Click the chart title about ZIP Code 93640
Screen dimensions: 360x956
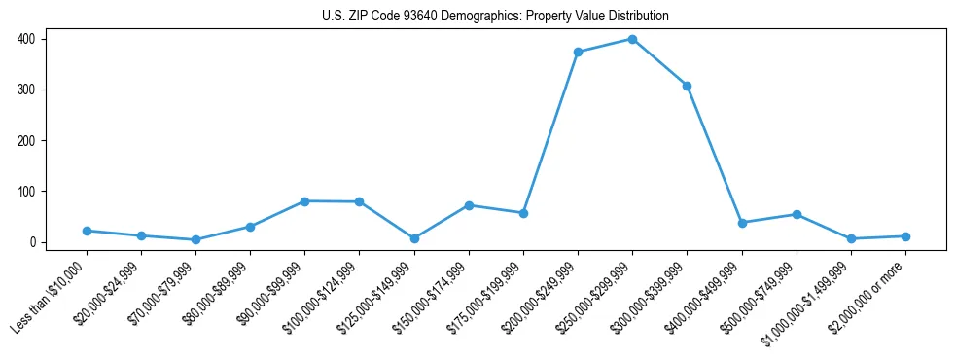click(x=495, y=17)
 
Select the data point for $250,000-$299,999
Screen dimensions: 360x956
click(x=632, y=39)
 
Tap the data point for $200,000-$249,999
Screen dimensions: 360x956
click(x=578, y=52)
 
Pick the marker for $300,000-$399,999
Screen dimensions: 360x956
click(x=687, y=86)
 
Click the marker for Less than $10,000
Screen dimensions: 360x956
click(x=87, y=231)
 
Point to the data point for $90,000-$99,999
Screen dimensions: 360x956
click(x=304, y=201)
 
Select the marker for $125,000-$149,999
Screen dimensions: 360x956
click(x=414, y=238)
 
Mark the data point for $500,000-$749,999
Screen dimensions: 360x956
click(x=797, y=214)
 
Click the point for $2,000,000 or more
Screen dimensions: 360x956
click(x=905, y=236)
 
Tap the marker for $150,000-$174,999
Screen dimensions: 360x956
click(x=469, y=205)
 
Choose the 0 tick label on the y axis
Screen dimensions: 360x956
click(x=33, y=242)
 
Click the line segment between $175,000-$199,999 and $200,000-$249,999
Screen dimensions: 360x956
click(x=550, y=132)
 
